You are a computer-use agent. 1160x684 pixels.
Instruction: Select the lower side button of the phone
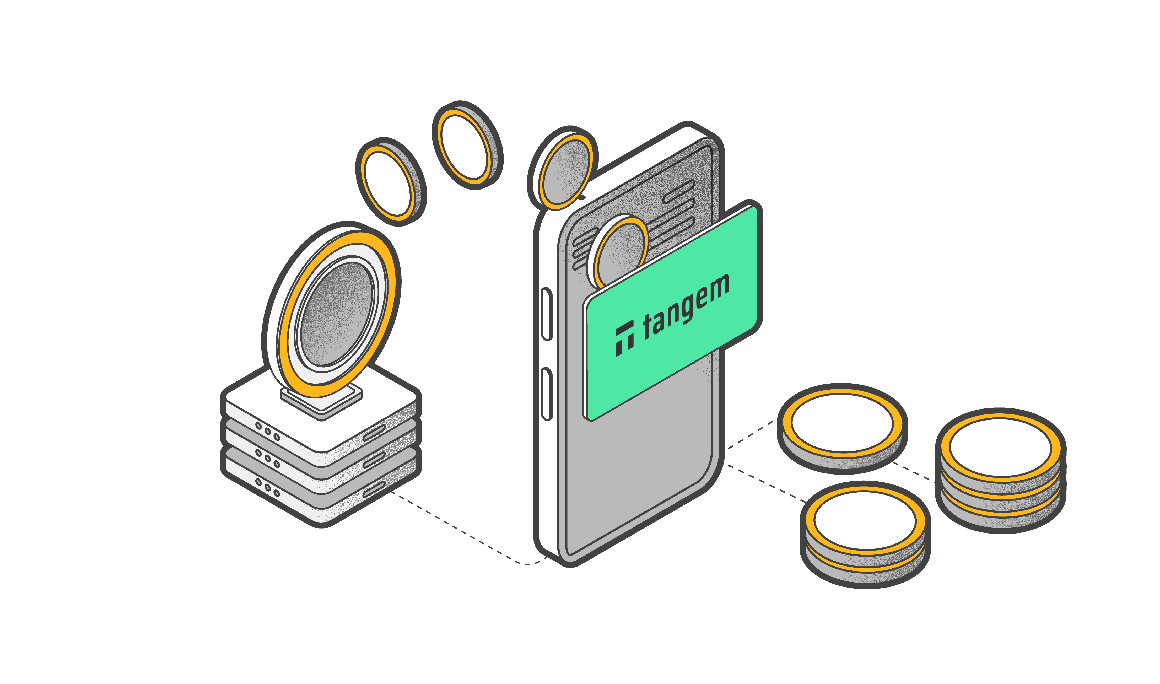click(x=546, y=394)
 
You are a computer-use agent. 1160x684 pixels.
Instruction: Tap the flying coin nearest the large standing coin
click(x=390, y=182)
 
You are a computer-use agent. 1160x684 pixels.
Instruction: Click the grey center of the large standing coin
click(x=336, y=313)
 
